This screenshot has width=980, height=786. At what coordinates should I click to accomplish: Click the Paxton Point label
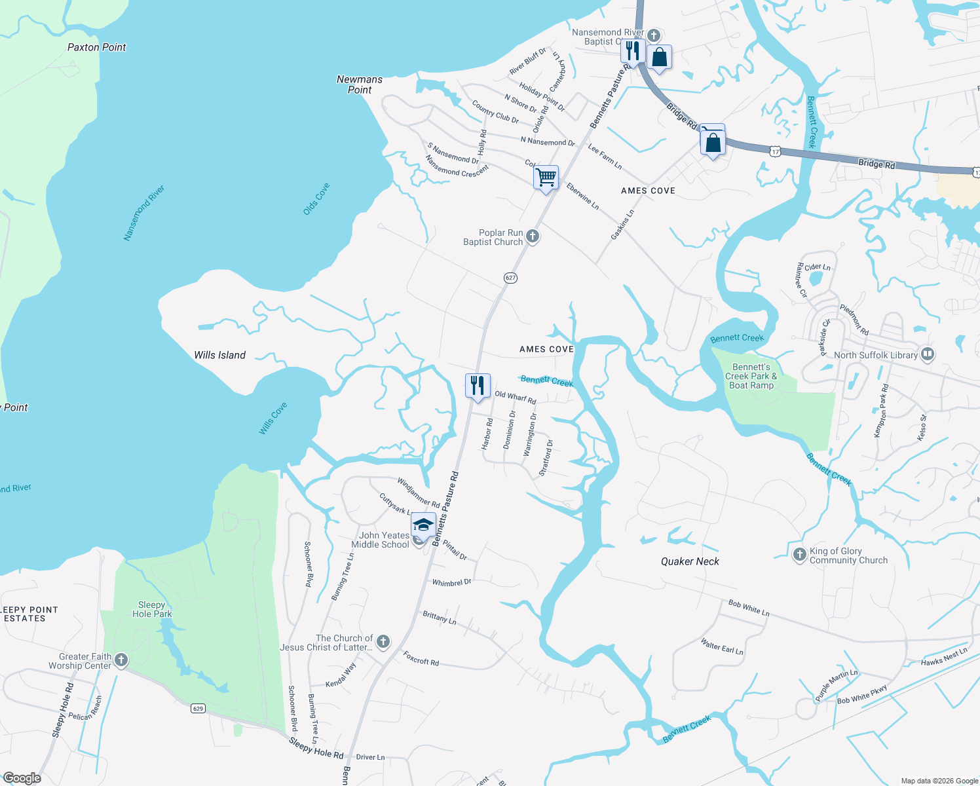pos(97,47)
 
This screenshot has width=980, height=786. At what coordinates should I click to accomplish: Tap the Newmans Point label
pos(360,84)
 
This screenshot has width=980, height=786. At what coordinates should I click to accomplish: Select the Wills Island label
pos(220,355)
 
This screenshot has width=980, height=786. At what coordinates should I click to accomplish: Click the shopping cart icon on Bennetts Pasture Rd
pos(546,178)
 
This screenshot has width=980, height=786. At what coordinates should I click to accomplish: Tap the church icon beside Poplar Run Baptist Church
pos(533,236)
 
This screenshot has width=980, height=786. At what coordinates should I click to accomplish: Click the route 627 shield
pos(511,278)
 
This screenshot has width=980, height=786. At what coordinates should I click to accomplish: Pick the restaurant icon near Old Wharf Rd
pos(478,385)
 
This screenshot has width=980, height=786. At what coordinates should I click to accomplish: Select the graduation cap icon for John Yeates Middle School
pos(423,525)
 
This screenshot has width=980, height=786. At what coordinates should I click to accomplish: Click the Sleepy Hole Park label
pos(152,609)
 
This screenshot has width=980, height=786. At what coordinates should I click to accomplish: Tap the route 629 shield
pos(198,708)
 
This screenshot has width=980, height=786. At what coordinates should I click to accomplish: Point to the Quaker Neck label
pos(690,561)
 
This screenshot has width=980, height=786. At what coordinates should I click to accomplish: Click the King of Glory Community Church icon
pos(799,555)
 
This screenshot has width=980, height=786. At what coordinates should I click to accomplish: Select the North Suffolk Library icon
pos(928,354)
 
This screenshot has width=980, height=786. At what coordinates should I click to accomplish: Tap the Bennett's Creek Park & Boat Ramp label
pos(751,376)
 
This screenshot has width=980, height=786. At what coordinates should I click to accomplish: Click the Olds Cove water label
pos(316,199)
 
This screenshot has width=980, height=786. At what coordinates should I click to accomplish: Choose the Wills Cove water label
pos(273,419)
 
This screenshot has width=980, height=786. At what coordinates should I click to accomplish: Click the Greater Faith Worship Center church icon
pos(121,660)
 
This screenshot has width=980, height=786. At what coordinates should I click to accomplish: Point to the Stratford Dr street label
pos(546,458)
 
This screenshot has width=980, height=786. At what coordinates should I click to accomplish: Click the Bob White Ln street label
pos(749,608)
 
